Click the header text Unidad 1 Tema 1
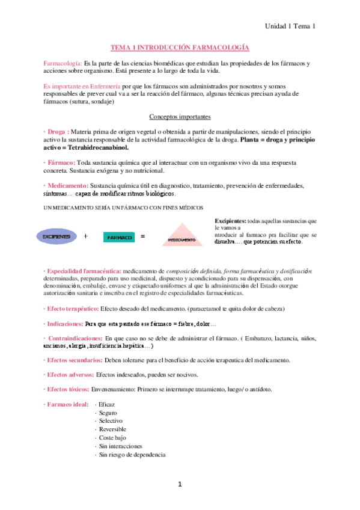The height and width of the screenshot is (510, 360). [x=291, y=26]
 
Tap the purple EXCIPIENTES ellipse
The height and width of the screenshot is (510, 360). [x=58, y=237]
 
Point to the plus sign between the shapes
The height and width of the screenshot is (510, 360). [x=86, y=236]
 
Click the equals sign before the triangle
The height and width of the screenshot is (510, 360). [x=142, y=236]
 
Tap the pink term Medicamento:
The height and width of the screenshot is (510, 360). [x=69, y=186]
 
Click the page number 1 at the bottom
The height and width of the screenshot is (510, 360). [x=179, y=484]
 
